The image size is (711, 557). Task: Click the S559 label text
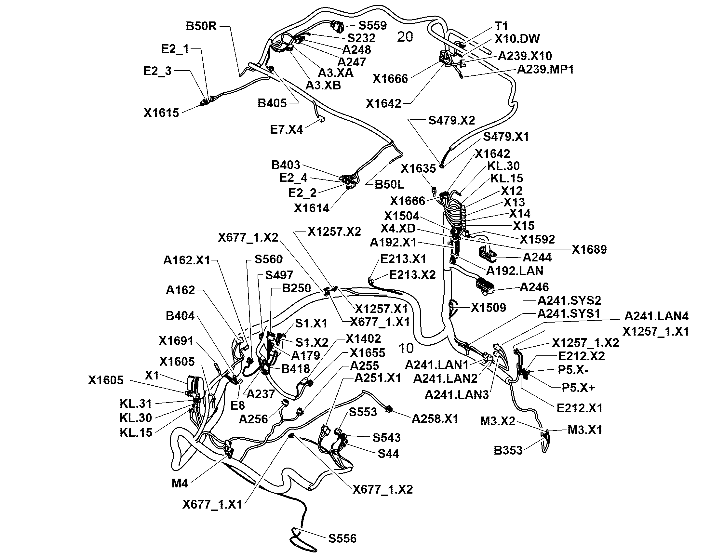[372, 25]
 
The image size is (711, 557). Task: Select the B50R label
[201, 26]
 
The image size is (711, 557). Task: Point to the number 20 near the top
[405, 37]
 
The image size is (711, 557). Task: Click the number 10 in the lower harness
[406, 349]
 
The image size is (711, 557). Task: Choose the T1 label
[501, 26]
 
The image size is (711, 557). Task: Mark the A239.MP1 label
[545, 69]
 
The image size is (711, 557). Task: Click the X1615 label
[161, 113]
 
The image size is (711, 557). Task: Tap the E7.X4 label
[286, 129]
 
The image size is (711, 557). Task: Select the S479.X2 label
[451, 120]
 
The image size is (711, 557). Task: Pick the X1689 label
[589, 249]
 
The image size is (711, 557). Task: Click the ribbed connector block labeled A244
[487, 255]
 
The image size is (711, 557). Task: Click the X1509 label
[489, 307]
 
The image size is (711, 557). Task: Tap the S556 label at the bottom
[342, 538]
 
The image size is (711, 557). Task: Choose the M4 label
[180, 483]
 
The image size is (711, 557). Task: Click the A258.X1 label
[435, 419]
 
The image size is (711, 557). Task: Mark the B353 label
[508, 450]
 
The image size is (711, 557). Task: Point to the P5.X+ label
[578, 387]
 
